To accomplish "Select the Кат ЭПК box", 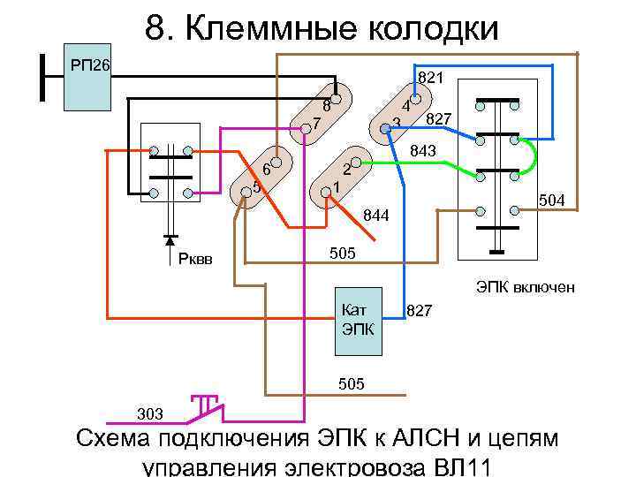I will [358, 322].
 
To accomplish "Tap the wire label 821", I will [430, 78].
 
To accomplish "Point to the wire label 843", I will [423, 152].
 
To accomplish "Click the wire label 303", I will [149, 413].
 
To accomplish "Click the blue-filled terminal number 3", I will [385, 129].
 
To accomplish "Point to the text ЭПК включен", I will [526, 287].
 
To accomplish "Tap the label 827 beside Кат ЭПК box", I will [420, 310].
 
